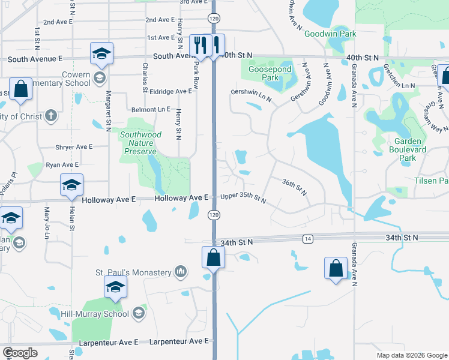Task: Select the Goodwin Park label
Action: click(x=330, y=34)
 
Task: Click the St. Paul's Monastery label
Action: click(x=133, y=273)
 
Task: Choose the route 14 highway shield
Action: click(x=308, y=239)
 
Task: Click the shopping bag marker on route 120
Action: click(x=214, y=258)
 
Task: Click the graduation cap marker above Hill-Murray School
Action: click(x=116, y=287)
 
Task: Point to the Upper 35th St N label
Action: click(x=243, y=197)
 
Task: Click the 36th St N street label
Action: click(x=294, y=187)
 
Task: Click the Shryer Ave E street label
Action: click(x=73, y=147)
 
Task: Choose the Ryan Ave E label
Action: click(x=62, y=164)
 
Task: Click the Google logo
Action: click(x=20, y=353)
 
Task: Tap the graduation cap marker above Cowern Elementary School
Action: click(x=102, y=54)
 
